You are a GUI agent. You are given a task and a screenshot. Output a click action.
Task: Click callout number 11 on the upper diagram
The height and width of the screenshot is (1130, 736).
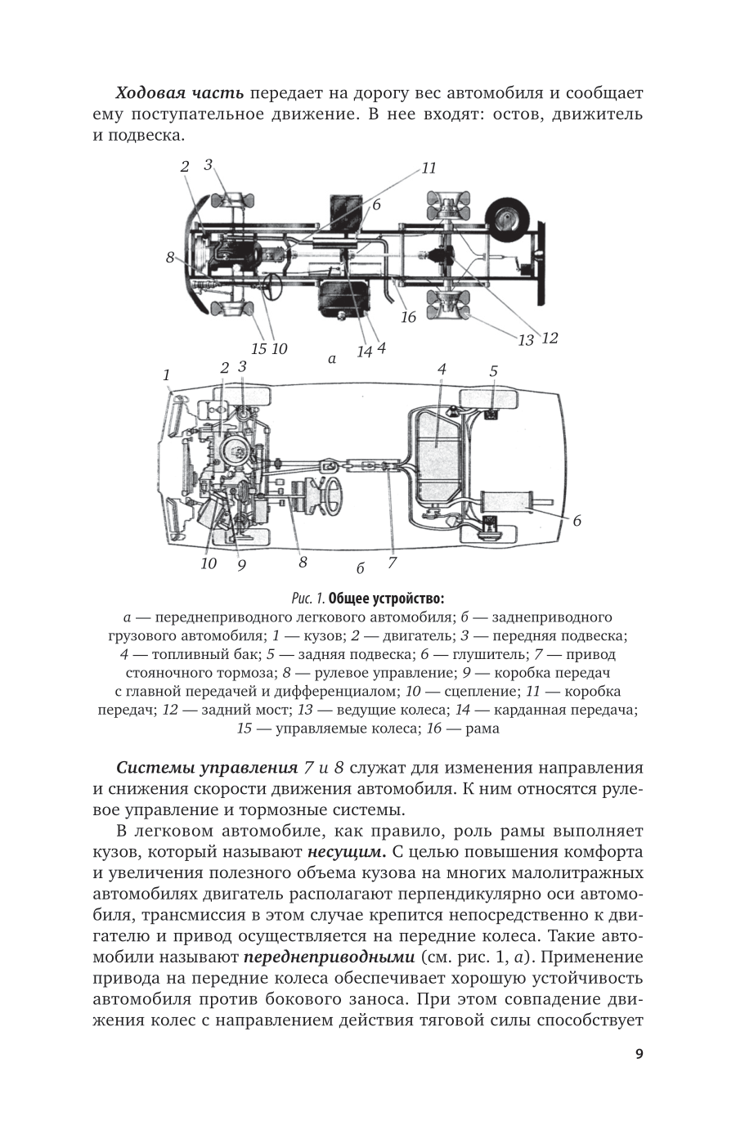click(x=429, y=168)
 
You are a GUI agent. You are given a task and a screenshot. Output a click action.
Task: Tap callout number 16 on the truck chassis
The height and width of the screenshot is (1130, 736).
click(x=407, y=317)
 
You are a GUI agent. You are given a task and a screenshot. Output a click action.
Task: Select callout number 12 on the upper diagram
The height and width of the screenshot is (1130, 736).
click(x=550, y=337)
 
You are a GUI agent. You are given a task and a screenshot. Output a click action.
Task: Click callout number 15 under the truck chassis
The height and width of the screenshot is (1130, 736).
click(x=258, y=348)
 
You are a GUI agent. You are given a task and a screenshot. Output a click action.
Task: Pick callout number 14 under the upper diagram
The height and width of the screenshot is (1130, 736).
click(x=364, y=351)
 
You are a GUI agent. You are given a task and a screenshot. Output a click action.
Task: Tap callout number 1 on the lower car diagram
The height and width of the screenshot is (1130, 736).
click(x=167, y=374)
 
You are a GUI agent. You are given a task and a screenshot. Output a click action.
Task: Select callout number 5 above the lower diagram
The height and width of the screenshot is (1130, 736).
click(x=493, y=371)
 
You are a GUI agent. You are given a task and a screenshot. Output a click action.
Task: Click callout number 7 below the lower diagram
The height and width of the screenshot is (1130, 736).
click(x=392, y=563)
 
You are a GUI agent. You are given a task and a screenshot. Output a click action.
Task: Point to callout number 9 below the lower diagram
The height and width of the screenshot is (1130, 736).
click(x=242, y=564)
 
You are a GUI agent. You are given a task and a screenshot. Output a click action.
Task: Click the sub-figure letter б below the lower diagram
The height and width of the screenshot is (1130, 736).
click(x=360, y=568)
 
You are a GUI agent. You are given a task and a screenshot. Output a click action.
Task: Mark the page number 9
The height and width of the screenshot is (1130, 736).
click(x=639, y=1053)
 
